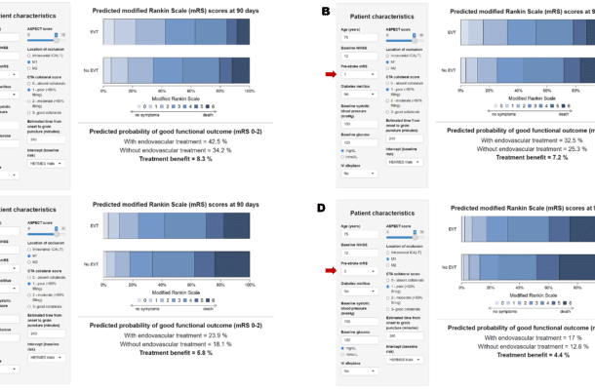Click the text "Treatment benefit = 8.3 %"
coord(172,158)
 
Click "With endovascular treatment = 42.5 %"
coord(172,142)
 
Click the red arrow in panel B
coord(331,74)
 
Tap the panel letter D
coord(323,208)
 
